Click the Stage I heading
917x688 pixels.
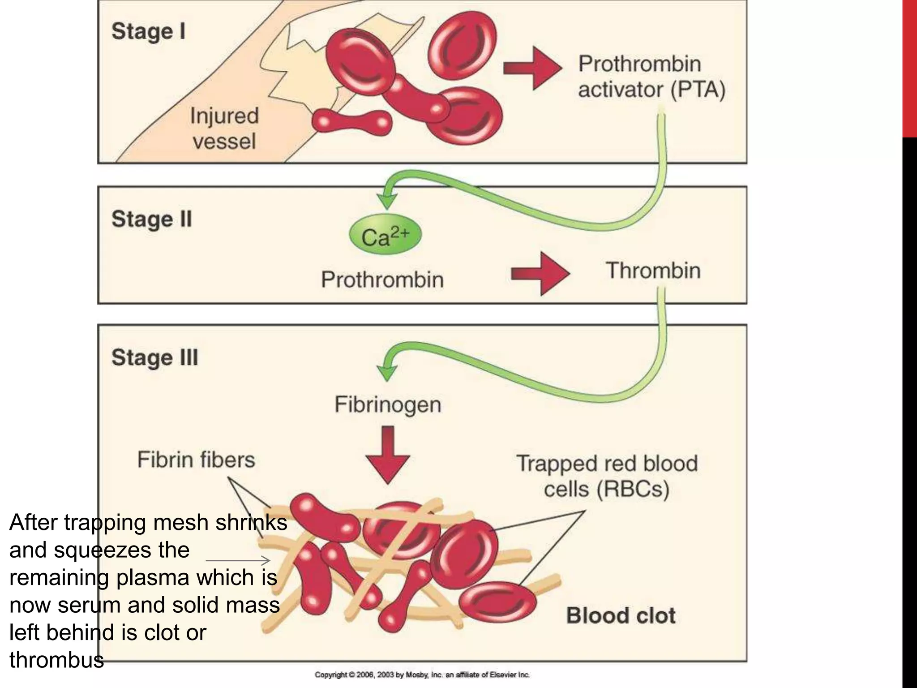pyautogui.click(x=148, y=32)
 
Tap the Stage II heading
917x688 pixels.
pyautogui.click(x=151, y=219)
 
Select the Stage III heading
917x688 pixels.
pyautogui.click(x=154, y=358)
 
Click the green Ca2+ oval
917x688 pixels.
pyautogui.click(x=385, y=236)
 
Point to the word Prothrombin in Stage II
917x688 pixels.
pyautogui.click(x=382, y=279)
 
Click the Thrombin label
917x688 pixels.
pyautogui.click(x=653, y=271)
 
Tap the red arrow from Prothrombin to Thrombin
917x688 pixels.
pyautogui.click(x=540, y=273)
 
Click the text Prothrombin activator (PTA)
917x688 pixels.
pyautogui.click(x=651, y=77)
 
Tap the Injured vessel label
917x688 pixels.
pyautogui.click(x=224, y=129)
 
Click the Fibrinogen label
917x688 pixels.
pyautogui.click(x=388, y=404)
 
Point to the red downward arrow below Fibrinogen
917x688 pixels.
pyautogui.click(x=388, y=455)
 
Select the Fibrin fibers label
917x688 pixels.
pyautogui.click(x=196, y=460)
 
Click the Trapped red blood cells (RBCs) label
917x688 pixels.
pyautogui.click(x=607, y=476)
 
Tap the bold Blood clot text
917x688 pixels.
pyautogui.click(x=621, y=615)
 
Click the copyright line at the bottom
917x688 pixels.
pyautogui.click(x=422, y=675)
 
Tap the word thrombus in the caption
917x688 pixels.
pyautogui.click(x=56, y=660)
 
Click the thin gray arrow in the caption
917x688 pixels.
pyautogui.click(x=238, y=560)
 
